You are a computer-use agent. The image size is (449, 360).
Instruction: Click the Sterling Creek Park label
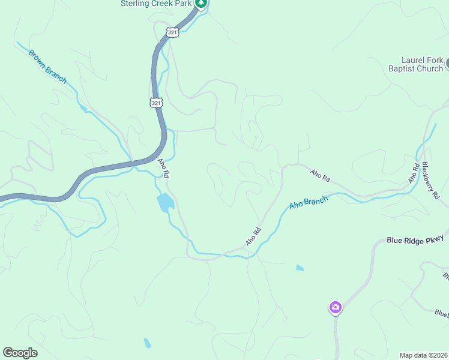point(155,4)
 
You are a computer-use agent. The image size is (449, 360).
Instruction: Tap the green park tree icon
point(202,3)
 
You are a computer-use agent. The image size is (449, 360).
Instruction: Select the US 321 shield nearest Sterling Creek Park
point(173,32)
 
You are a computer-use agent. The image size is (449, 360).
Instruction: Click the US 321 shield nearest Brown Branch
point(156,103)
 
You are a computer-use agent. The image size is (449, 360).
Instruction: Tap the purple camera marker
point(335,308)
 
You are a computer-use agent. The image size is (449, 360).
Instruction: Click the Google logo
point(20,353)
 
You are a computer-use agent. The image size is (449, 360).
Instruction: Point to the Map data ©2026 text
point(423,355)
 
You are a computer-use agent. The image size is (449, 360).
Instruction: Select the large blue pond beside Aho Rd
point(165,202)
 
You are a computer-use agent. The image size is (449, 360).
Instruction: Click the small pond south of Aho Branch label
point(300,268)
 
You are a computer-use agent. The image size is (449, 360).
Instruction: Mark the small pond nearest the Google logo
point(147,343)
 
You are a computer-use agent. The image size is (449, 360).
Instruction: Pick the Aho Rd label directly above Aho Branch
point(321,176)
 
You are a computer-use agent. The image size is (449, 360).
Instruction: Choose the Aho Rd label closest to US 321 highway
point(163,167)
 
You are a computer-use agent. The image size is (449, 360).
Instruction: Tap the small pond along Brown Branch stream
point(82,107)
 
